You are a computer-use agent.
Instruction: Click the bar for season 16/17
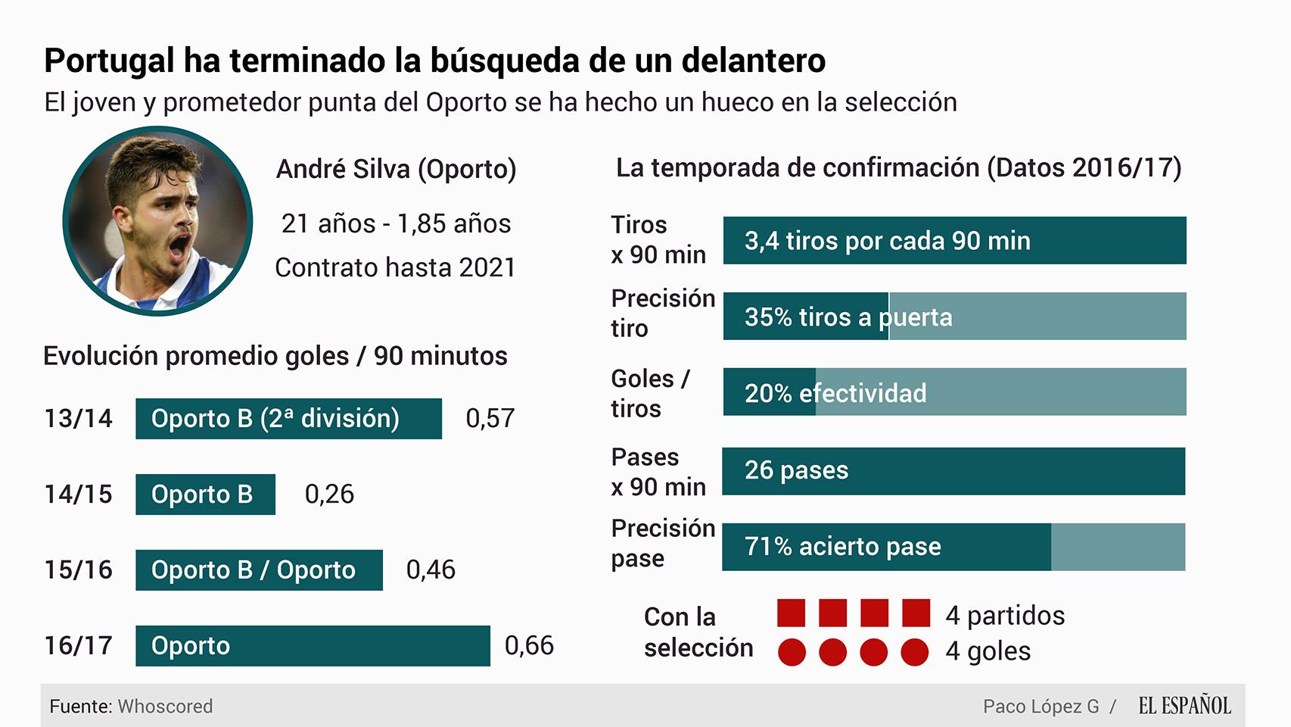pyautogui.click(x=313, y=645)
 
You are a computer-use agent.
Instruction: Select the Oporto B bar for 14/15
pyautogui.click(x=205, y=494)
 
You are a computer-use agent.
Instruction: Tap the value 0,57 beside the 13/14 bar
pyautogui.click(x=490, y=418)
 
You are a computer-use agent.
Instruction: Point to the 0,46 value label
pyautogui.click(x=431, y=569)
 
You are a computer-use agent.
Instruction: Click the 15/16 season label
pyautogui.click(x=78, y=569)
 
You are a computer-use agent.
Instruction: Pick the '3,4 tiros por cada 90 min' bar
pyautogui.click(x=954, y=241)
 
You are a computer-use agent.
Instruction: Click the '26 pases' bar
pyautogui.click(x=953, y=470)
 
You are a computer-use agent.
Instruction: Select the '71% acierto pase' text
pyautogui.click(x=842, y=546)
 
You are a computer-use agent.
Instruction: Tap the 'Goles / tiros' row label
pyautogui.click(x=650, y=393)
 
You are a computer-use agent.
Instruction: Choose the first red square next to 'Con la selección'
pyautogui.click(x=792, y=613)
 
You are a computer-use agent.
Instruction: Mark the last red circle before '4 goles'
pyautogui.click(x=914, y=652)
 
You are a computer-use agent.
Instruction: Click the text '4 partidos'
pyautogui.click(x=1004, y=615)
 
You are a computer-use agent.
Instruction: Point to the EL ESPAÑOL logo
pyautogui.click(x=1184, y=706)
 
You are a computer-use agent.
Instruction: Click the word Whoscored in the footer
pyautogui.click(x=165, y=707)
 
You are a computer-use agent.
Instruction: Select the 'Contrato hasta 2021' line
pyautogui.click(x=395, y=267)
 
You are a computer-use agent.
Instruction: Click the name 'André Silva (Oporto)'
pyautogui.click(x=396, y=169)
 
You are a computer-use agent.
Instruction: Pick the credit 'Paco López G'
pyautogui.click(x=1041, y=707)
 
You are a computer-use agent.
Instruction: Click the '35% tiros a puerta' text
pyautogui.click(x=848, y=317)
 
